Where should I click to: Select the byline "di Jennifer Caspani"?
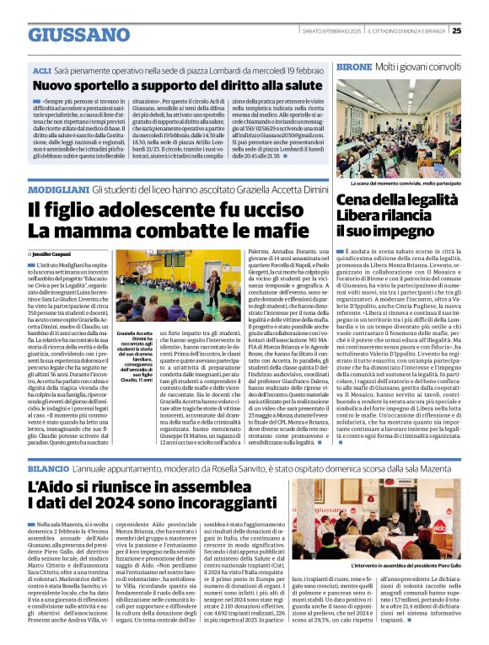51,252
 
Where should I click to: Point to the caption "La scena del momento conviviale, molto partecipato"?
406,183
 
